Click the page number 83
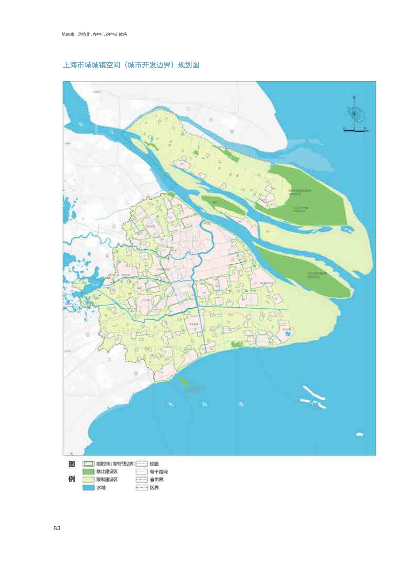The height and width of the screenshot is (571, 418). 57,528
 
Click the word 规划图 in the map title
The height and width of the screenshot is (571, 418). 189,65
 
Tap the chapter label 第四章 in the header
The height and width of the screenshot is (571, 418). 68,34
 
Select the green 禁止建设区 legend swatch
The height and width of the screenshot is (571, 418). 88,472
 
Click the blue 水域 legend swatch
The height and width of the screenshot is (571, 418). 88,488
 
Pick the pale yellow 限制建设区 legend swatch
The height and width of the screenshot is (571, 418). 88,480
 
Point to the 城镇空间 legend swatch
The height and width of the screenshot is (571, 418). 88,464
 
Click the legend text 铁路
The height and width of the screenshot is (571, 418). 154,464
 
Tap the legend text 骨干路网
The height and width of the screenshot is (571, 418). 158,472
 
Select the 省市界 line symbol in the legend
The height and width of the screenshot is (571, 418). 141,480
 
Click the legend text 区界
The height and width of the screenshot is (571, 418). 154,488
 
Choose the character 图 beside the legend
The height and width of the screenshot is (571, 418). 72,464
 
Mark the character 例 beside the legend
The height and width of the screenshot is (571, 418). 72,479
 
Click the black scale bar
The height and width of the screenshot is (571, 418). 354,131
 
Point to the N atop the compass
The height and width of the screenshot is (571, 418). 354,98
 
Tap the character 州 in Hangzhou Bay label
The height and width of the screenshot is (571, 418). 205,404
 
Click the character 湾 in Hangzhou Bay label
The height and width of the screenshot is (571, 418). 241,404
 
